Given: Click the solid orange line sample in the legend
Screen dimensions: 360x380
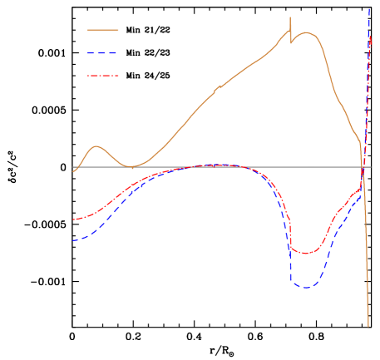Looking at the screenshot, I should pyautogui.click(x=103, y=30).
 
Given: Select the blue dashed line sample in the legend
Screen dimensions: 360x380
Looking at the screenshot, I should pyautogui.click(x=103, y=53).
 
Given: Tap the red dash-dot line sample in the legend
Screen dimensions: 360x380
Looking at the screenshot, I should pyautogui.click(x=103, y=76).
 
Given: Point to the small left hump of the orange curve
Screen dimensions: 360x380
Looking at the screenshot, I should pyautogui.click(x=96, y=147).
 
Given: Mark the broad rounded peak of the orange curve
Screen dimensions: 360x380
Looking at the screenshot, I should pyautogui.click(x=306, y=33).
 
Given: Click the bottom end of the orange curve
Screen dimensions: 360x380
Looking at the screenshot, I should pyautogui.click(x=368, y=325).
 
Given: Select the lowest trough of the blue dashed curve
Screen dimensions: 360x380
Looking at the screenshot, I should pyautogui.click(x=305, y=288).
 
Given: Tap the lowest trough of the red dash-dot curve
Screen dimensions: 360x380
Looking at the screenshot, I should pyautogui.click(x=305, y=253).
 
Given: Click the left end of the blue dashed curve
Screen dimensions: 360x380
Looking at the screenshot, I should pyautogui.click(x=73, y=240).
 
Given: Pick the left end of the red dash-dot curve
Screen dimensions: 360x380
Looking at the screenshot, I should pyautogui.click(x=73, y=220).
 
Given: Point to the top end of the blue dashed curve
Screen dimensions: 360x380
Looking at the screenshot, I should pyautogui.click(x=369, y=8).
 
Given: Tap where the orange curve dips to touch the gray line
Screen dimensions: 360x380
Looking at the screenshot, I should pyautogui.click(x=131, y=166).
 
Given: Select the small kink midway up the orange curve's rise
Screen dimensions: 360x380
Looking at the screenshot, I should pyautogui.click(x=218, y=87).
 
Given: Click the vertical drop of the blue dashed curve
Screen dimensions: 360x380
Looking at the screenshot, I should pyautogui.click(x=290, y=258).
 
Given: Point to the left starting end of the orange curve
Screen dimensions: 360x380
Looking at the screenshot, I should pyautogui.click(x=74, y=170).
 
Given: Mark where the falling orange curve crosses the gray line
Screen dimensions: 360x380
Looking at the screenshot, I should pyautogui.click(x=363, y=167).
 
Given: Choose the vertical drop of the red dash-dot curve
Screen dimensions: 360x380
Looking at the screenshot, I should pyautogui.click(x=289, y=233).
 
